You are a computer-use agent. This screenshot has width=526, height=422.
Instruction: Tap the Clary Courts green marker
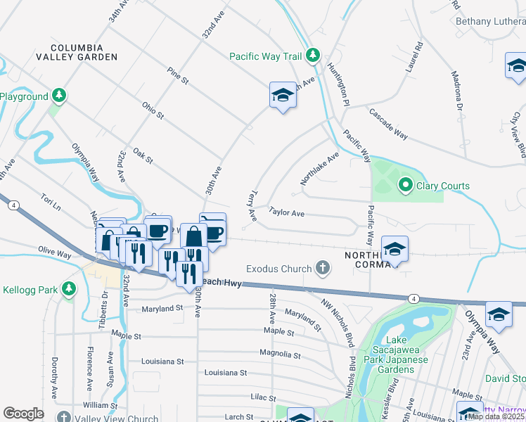pos(405,186)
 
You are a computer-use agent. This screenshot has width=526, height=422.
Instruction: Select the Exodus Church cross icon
pos(322,268)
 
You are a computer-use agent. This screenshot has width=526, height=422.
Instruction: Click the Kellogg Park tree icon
pos(68,289)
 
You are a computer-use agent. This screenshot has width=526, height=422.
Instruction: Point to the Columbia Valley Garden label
pos(77,51)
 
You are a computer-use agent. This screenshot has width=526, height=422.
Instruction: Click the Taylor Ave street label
pos(287,212)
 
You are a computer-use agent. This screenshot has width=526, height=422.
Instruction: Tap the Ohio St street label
pos(152,110)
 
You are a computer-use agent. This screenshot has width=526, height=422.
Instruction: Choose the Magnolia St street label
pos(280,356)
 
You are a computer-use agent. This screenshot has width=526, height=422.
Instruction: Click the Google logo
pos(23,413)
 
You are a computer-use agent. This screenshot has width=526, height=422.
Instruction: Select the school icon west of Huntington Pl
pos(283,96)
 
